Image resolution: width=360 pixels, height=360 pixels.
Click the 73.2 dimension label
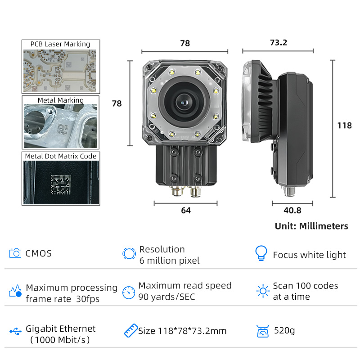point(279,42)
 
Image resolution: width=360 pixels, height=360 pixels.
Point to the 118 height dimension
point(344,126)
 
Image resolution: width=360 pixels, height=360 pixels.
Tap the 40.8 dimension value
point(292,210)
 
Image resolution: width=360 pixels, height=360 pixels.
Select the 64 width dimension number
point(186,210)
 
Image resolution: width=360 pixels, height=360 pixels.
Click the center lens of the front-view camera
point(184,103)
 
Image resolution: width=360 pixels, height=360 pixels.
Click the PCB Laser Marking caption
point(60,44)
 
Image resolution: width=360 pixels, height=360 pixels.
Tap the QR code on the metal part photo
point(63,129)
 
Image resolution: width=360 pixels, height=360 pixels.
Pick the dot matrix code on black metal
point(61,184)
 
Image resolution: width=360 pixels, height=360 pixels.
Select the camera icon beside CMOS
point(15,253)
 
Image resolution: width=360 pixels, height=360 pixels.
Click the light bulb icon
point(261,253)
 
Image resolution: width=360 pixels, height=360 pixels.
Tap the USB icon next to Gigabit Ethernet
point(15,331)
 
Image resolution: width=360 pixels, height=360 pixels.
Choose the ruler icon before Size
point(131,331)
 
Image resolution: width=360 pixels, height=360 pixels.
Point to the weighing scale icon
point(263,331)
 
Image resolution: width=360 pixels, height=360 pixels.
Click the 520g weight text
point(284,331)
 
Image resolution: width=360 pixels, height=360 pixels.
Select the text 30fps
point(88,299)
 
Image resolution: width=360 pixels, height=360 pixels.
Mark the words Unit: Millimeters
point(311,226)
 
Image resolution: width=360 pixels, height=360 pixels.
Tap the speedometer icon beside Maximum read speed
point(129,292)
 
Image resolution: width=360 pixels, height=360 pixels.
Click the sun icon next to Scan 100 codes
point(263,291)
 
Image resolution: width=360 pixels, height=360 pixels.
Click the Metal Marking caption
point(61,100)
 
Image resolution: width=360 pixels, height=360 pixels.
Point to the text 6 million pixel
point(170,261)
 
